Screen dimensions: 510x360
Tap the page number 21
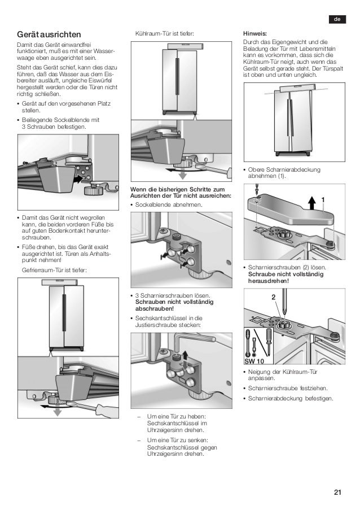click(x=337, y=492)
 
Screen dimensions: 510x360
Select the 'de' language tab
click(x=337, y=20)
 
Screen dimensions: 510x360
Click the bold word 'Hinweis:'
click(x=254, y=33)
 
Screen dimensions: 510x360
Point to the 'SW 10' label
click(x=254, y=360)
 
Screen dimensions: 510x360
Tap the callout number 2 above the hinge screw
click(x=273, y=297)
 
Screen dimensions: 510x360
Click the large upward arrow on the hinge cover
click(x=311, y=202)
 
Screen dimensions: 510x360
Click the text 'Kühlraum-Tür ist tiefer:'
click(x=165, y=34)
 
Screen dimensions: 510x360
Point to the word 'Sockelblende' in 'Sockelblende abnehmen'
click(x=153, y=204)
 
